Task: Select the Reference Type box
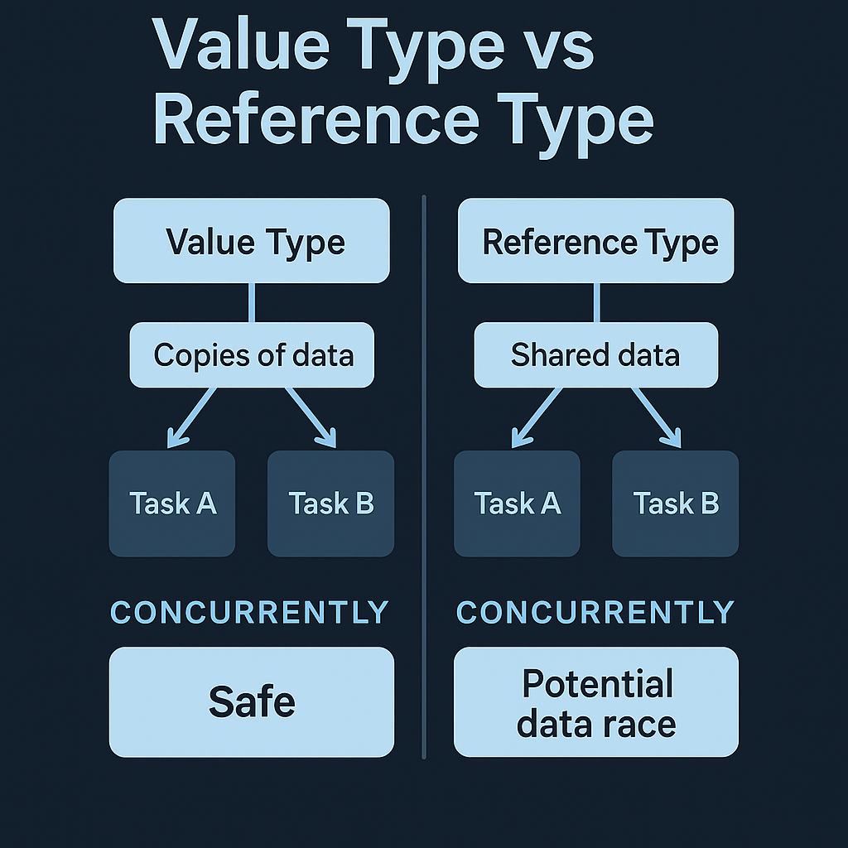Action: [595, 241]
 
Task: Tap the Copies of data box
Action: [252, 355]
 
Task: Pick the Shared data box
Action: [595, 355]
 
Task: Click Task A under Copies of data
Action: [172, 503]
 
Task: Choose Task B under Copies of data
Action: [330, 503]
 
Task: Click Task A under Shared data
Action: [517, 503]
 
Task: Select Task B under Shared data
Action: [675, 503]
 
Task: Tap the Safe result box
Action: [252, 701]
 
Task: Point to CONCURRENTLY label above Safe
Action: [249, 612]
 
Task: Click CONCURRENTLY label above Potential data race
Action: [595, 612]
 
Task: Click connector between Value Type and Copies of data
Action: [252, 302]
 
